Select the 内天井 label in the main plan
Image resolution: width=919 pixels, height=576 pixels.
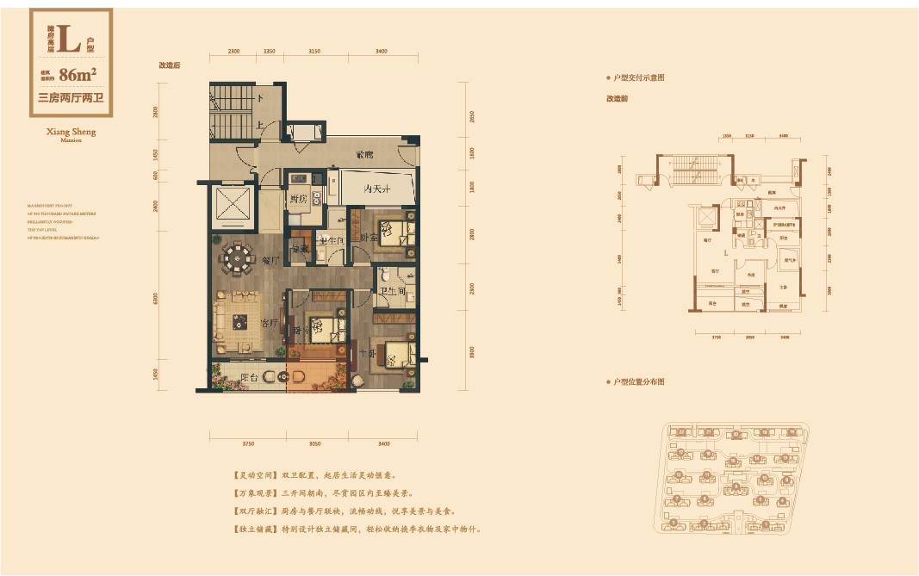point(376,189)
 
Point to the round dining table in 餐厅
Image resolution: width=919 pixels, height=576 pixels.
point(234,255)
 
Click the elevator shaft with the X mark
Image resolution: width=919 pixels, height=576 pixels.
point(231,207)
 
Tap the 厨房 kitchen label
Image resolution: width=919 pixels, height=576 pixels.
point(298,200)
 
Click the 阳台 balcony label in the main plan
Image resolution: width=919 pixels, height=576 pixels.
point(249,377)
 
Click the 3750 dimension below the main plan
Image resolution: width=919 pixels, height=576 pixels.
point(247,443)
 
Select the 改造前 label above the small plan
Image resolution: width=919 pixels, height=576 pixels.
point(617,98)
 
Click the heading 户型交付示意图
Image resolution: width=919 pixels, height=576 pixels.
point(639,78)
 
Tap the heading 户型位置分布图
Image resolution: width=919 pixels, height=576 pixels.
point(639,381)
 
